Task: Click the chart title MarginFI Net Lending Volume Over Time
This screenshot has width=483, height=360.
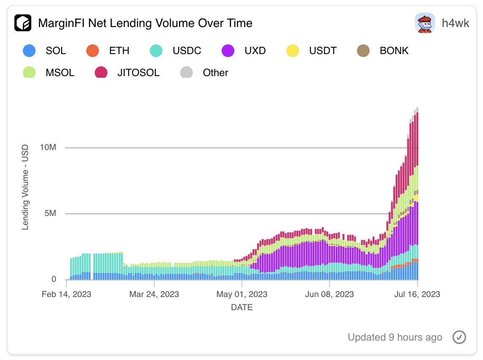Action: [145, 23]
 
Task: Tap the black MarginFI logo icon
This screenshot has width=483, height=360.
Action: [23, 23]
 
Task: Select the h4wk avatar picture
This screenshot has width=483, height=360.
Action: [425, 23]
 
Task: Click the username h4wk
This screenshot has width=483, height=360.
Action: [455, 23]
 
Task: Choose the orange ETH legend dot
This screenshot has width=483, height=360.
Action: [92, 51]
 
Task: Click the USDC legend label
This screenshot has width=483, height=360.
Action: [187, 51]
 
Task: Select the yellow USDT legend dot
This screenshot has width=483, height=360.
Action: [292, 51]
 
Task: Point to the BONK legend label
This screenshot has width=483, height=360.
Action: [394, 51]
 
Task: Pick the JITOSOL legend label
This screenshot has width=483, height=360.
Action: [139, 73]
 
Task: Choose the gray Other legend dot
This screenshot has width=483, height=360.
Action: [186, 72]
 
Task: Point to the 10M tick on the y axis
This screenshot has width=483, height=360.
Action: [48, 148]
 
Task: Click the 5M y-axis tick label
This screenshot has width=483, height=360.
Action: [50, 214]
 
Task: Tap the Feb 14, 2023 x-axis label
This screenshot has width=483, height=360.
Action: [66, 294]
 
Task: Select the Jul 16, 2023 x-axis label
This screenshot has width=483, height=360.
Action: [417, 294]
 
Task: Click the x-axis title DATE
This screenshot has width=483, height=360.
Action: [242, 308]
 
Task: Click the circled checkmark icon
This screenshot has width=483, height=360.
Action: [459, 337]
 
